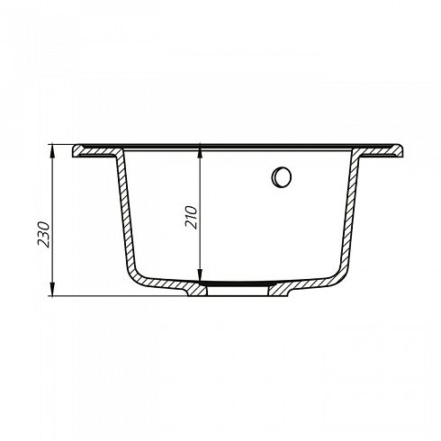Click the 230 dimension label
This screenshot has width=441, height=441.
tap(43, 234)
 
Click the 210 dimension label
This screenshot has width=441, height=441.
tap(192, 217)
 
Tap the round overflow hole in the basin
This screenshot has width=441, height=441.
tap(282, 177)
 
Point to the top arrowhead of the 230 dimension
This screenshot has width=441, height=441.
tap(52, 150)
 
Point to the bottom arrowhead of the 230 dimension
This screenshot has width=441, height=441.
tap(52, 290)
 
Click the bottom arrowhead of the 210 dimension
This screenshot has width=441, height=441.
tap(200, 276)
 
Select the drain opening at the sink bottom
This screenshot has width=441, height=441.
tap(238, 290)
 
